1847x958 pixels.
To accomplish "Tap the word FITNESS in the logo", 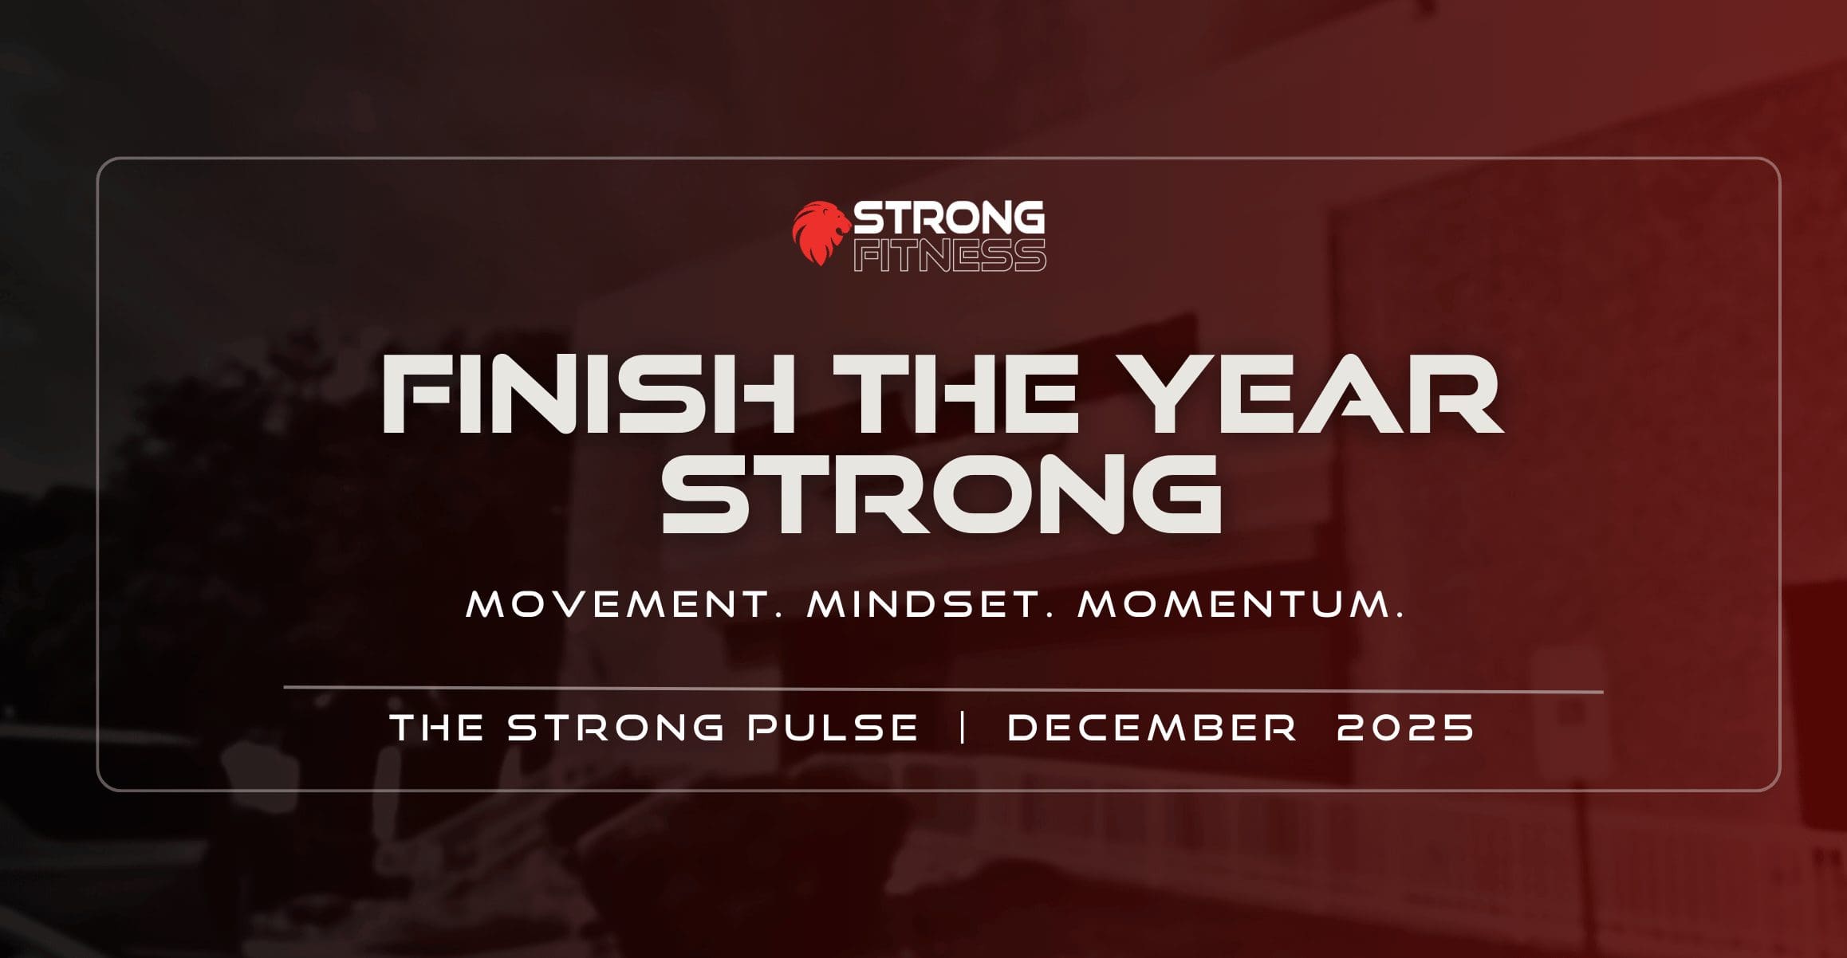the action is click(x=950, y=255).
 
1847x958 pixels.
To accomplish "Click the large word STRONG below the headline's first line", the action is click(x=942, y=494).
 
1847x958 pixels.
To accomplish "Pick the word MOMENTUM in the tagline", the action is click(x=1234, y=604).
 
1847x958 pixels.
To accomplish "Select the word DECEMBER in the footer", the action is click(x=1152, y=727).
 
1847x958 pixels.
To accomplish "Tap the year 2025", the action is click(x=1405, y=727).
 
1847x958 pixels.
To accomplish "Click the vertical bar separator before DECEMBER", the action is click(x=963, y=727).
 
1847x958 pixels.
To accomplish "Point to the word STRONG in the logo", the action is click(x=949, y=218).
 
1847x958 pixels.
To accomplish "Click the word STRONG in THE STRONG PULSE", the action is click(x=616, y=727).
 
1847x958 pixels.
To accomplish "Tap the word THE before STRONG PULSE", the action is click(x=437, y=727).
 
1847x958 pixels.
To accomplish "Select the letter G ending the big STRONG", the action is click(x=1176, y=494).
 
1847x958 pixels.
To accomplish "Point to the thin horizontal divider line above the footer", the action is click(x=943, y=689).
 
